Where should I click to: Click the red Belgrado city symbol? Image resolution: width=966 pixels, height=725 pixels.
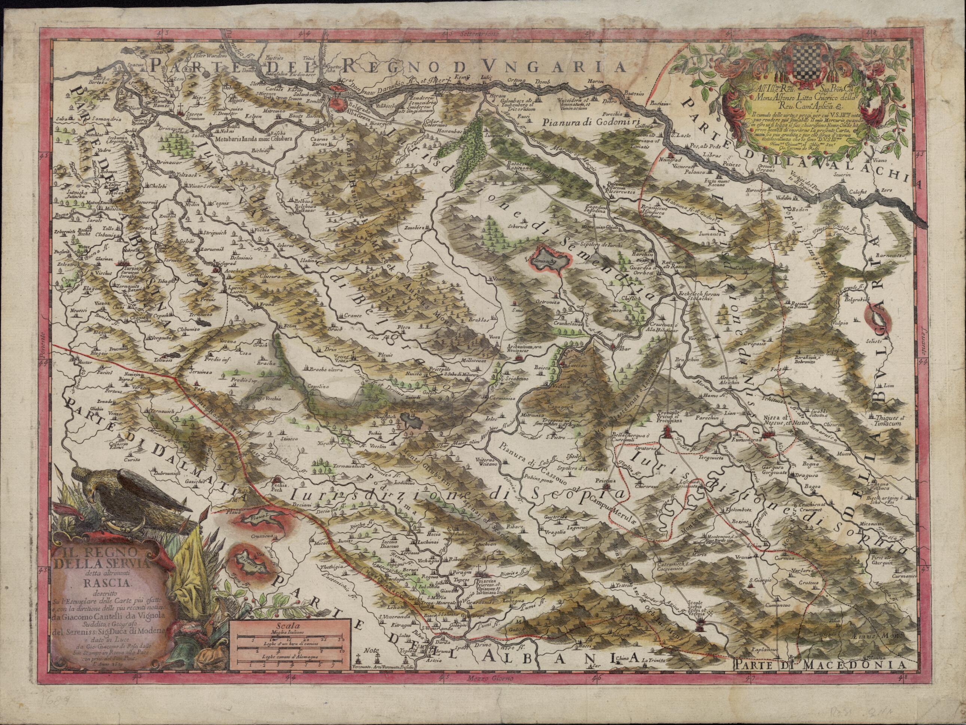[x=337, y=104]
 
